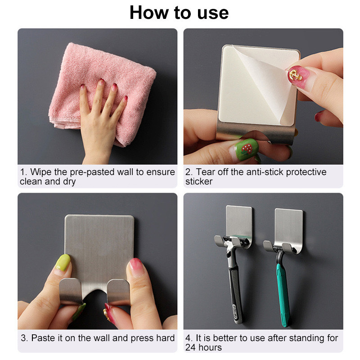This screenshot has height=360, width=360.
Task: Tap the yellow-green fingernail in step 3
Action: (x=63, y=262)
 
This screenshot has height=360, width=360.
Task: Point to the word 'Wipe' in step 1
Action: (x=41, y=172)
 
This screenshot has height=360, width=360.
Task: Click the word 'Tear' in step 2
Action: (x=206, y=172)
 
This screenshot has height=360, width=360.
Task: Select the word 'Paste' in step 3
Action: (x=43, y=338)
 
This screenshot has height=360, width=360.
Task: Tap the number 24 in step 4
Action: (x=190, y=347)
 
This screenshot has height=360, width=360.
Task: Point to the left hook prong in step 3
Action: (x=70, y=291)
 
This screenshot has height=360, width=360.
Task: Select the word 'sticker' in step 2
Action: (x=199, y=182)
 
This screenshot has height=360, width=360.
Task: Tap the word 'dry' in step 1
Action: (x=69, y=182)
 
